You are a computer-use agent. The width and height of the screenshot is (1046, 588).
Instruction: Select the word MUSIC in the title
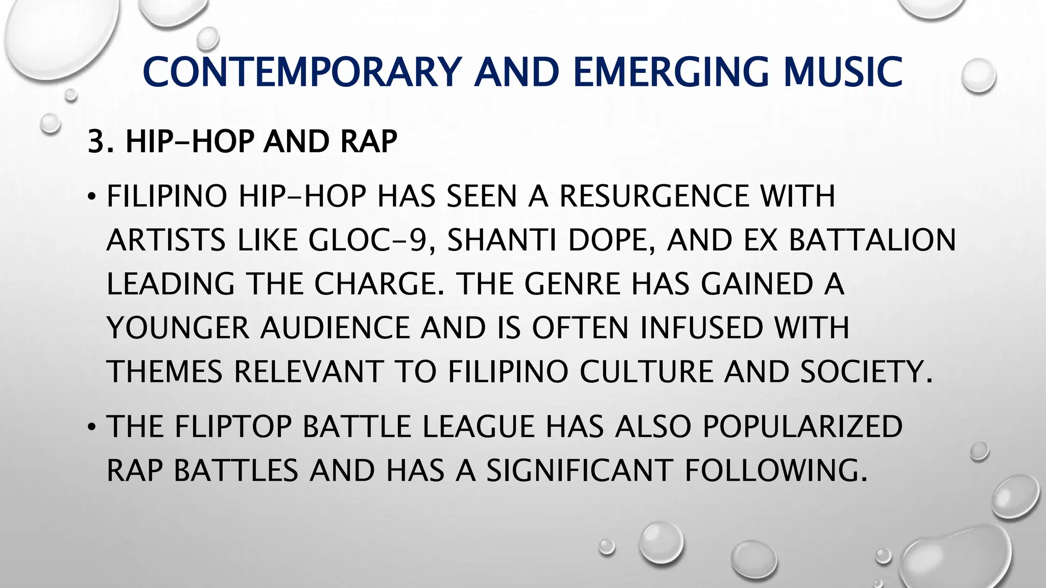[x=843, y=72]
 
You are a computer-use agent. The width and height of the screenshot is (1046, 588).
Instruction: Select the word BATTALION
[x=872, y=240]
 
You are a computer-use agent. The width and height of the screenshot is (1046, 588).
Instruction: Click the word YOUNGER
[x=178, y=328]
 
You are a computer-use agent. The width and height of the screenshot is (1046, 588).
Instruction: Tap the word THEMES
[x=164, y=372]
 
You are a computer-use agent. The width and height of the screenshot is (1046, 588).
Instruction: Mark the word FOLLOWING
[x=775, y=471]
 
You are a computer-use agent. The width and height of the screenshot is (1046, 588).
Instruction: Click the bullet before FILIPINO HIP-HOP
[x=91, y=197]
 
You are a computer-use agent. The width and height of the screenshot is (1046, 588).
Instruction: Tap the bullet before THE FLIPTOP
[x=91, y=427]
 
